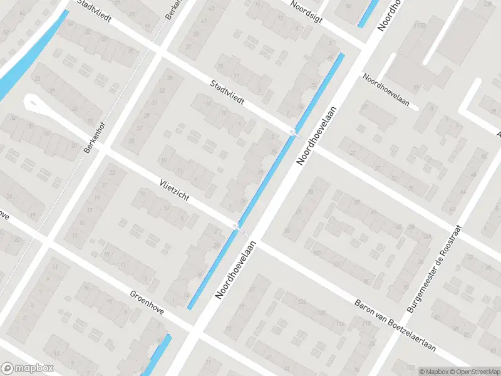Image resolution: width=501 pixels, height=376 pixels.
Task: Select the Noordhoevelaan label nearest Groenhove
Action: click(x=235, y=269)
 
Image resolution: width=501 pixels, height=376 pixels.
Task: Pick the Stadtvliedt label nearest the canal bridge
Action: click(x=227, y=91)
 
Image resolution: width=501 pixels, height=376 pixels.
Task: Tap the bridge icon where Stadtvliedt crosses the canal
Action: click(x=294, y=131)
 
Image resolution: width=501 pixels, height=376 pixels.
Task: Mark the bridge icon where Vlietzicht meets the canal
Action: click(x=237, y=226)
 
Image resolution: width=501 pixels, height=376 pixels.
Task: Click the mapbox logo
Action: click(x=28, y=368)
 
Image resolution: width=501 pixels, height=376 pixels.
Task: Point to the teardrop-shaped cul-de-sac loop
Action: click(x=33, y=104)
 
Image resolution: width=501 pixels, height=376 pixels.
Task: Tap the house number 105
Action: click(x=317, y=253)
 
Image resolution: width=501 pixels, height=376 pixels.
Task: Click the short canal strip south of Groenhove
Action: click(x=159, y=355)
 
